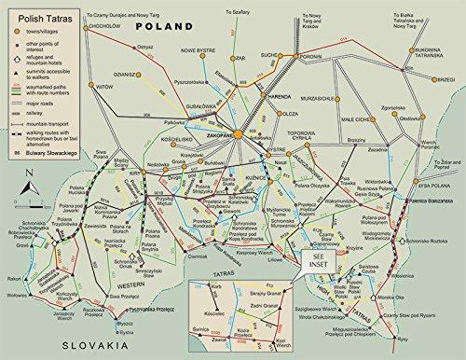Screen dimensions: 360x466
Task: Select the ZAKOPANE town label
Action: coord(214,135)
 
